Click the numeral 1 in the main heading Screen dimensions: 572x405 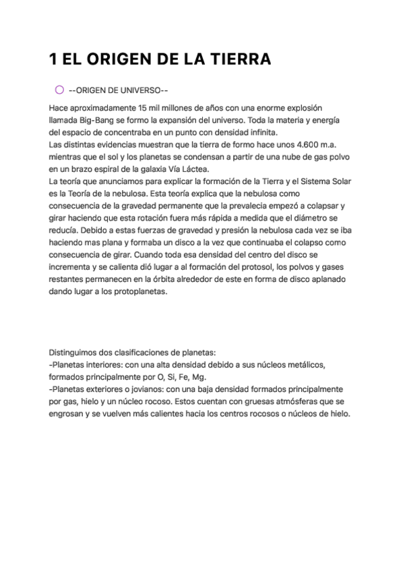point(53,60)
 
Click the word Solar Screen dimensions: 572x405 point(337,181)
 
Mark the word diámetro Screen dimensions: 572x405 point(318,217)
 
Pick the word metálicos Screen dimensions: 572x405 point(304,365)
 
